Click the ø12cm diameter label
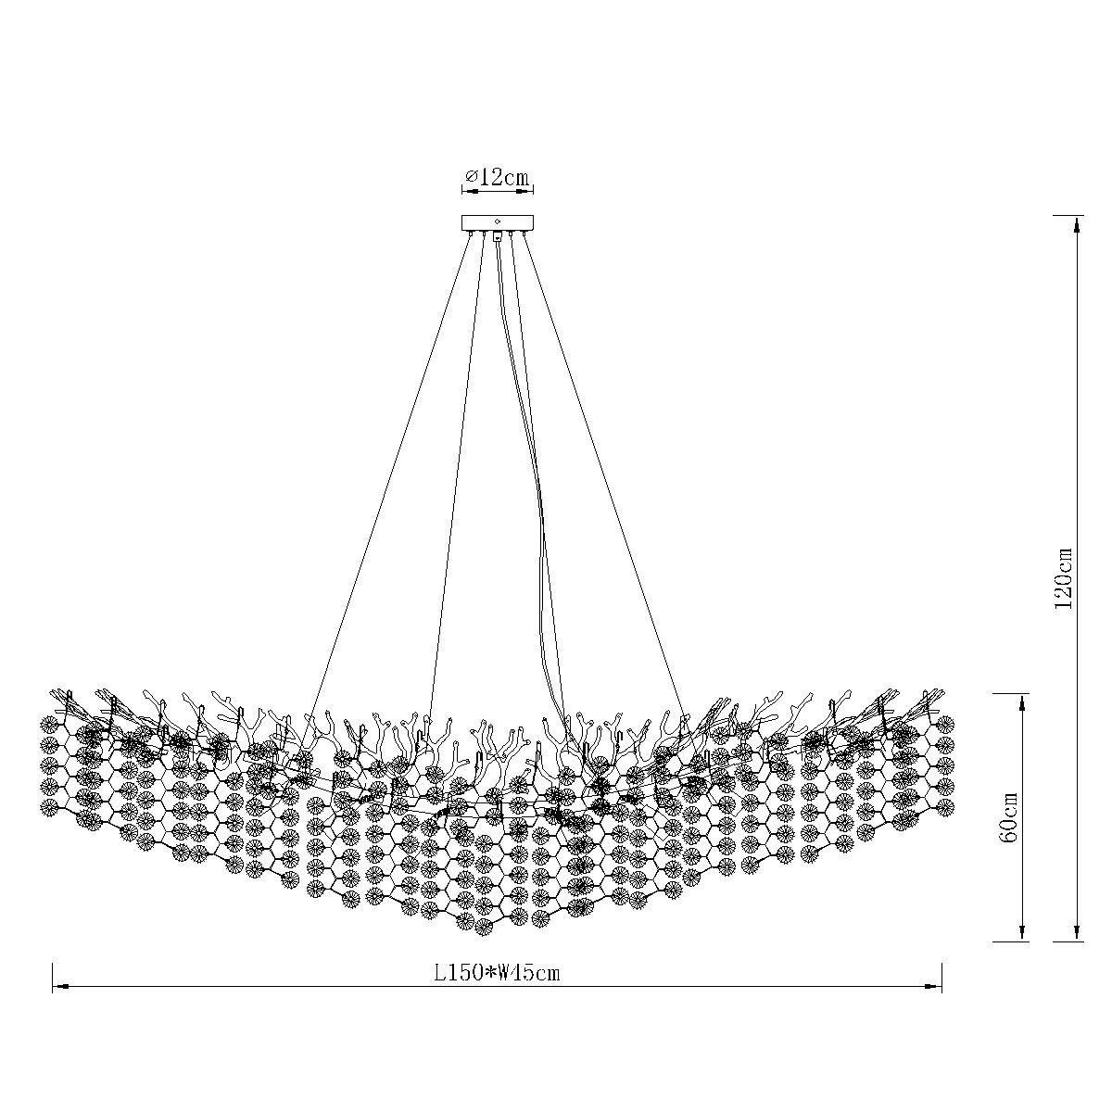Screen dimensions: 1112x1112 point(497,177)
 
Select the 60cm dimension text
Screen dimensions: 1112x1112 point(1009,817)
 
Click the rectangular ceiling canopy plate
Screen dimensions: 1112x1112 point(497,222)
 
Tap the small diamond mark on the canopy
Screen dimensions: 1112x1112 point(497,221)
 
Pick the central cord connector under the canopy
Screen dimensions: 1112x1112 point(497,235)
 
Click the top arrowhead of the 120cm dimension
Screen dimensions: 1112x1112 point(1076,225)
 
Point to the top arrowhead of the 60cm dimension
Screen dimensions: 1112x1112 point(1022,702)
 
